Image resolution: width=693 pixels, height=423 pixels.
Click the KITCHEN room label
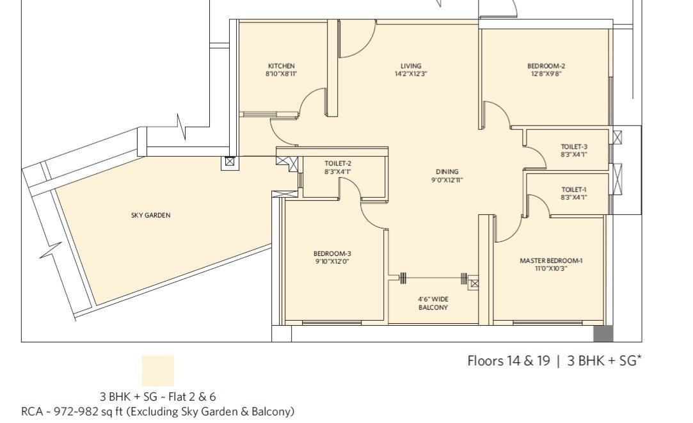[x=282, y=66]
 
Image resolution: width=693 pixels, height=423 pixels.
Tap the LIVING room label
[x=411, y=66]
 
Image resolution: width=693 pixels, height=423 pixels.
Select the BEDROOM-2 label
[x=546, y=66]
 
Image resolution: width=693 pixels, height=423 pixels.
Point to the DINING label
[x=447, y=172]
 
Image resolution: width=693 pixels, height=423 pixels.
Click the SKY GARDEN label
[x=151, y=215]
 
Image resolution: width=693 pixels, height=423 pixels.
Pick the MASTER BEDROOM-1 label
[x=551, y=261]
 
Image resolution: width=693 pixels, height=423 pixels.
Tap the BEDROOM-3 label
[x=332, y=253]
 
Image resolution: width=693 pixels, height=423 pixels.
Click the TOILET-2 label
[x=338, y=164]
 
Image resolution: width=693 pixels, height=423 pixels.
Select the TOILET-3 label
[x=574, y=147]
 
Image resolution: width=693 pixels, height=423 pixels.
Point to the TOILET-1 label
[x=574, y=189]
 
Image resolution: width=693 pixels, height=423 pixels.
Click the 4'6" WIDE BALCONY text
[x=433, y=303]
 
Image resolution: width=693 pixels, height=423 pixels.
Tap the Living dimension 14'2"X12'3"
[x=411, y=74]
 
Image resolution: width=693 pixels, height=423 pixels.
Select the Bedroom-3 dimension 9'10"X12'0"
[x=332, y=262]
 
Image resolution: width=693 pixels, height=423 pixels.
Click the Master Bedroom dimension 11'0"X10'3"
[x=551, y=268]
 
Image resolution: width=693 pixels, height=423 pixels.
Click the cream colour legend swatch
[x=158, y=371]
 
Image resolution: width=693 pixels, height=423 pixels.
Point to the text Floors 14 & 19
[x=509, y=361]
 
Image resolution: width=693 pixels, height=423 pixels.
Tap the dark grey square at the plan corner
[x=603, y=333]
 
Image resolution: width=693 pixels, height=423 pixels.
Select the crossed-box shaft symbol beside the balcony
[x=474, y=283]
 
